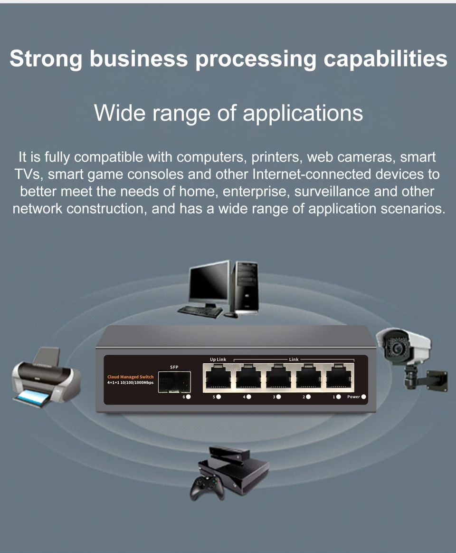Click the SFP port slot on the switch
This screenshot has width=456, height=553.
(174, 381)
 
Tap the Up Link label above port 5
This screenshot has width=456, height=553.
(218, 359)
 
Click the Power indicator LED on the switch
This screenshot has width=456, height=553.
(364, 397)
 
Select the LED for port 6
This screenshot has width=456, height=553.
(189, 397)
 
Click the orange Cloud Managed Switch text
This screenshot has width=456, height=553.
(130, 377)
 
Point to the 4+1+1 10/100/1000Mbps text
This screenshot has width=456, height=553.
(130, 383)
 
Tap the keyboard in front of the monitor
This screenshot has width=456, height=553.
(200, 311)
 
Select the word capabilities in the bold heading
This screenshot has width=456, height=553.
(385, 59)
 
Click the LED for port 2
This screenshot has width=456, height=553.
(308, 397)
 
